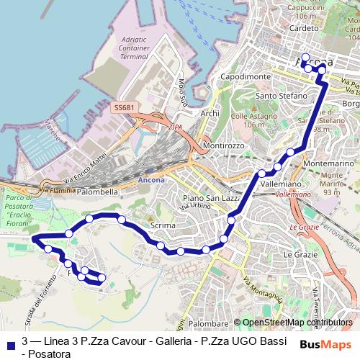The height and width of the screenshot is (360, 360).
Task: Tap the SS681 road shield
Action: click(x=124, y=107)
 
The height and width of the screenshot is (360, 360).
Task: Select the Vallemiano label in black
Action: click(x=280, y=184)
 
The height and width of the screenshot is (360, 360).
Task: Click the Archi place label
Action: click(x=210, y=113)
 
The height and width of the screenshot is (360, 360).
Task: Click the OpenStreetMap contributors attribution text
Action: click(x=299, y=323)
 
